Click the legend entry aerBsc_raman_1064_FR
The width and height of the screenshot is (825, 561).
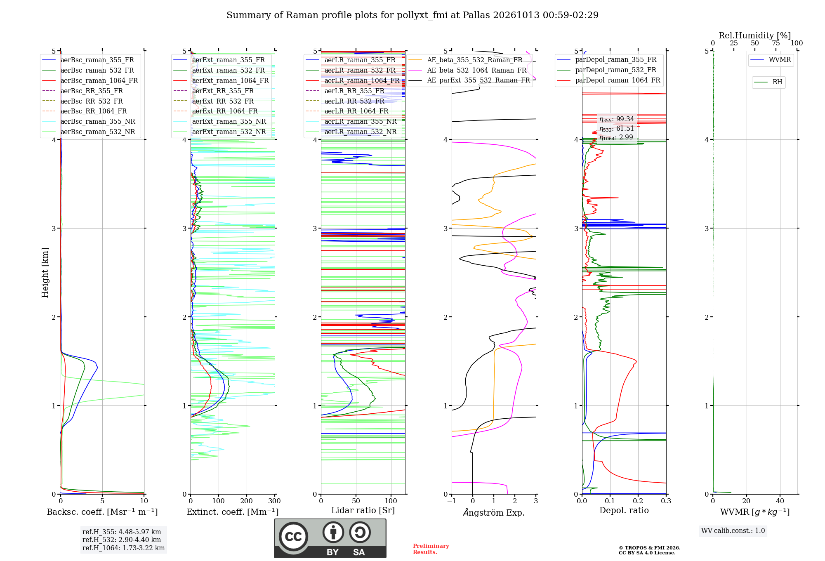point(90,81)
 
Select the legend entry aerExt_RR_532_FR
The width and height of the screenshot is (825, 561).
point(214,101)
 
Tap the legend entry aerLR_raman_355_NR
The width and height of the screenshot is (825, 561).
point(351,122)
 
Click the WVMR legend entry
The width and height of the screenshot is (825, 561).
point(771,60)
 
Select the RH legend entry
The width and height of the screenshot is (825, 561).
point(768,82)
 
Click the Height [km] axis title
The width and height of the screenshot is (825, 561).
point(45,273)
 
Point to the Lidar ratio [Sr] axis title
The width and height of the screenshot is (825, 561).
point(363,510)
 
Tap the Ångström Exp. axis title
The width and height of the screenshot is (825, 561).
point(494,512)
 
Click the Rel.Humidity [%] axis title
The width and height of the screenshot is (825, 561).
point(755,35)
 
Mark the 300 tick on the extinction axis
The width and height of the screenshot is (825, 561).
point(274,501)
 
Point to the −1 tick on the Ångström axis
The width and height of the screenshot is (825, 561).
point(451,501)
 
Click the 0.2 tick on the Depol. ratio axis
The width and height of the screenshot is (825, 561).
point(638,501)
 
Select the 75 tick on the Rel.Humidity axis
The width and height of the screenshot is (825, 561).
point(776,43)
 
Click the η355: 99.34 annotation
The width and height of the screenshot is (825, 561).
point(617,119)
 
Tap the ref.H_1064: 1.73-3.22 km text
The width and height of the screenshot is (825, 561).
point(124,548)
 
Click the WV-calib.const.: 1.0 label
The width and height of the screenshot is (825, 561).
point(733,531)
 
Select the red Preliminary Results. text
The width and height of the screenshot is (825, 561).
point(431,549)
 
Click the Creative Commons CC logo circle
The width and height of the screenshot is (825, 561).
point(293,536)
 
